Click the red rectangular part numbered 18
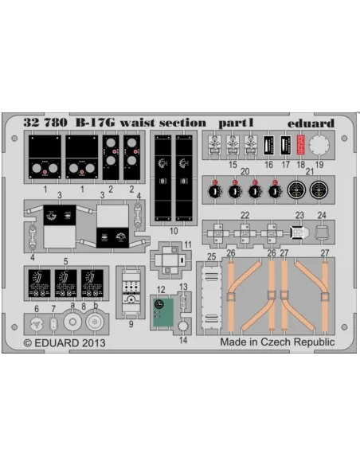tap(301, 145)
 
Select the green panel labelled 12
tap(163, 312)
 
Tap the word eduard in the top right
tap(311, 123)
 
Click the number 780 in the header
tap(56, 123)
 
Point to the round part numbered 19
tap(319, 145)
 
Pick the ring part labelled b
tap(95, 322)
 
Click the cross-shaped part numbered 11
tap(170, 260)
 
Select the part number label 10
tap(174, 231)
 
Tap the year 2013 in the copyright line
tap(92, 343)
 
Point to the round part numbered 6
tap(37, 324)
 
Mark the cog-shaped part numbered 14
tap(183, 326)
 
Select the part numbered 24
tap(322, 232)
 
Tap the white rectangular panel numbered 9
tap(131, 292)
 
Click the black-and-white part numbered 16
tap(269, 145)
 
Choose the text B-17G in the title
tap(95, 123)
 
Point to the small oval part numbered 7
tap(53, 323)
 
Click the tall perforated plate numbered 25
tap(211, 298)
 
